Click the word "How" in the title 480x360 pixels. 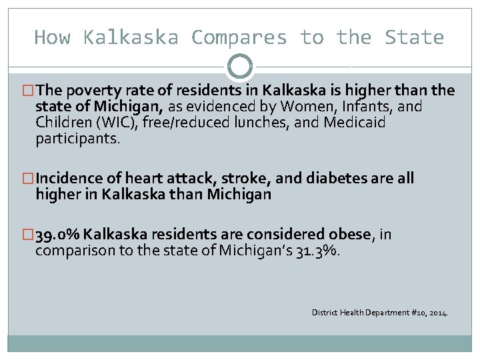tap(52, 37)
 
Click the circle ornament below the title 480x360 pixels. tap(240, 67)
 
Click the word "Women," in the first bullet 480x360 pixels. tap(307, 107)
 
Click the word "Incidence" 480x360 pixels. tap(69, 179)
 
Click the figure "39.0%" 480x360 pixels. tap(58, 235)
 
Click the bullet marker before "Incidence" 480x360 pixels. tap(29, 179)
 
